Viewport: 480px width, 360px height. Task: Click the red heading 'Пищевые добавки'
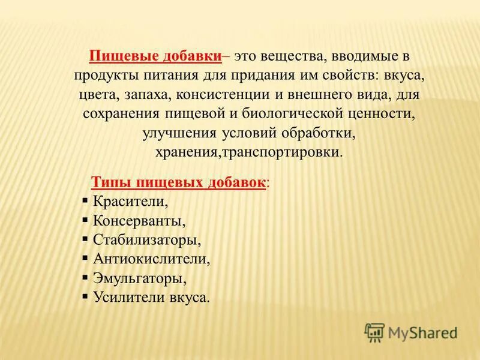155,56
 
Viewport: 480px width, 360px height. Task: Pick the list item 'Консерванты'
139,221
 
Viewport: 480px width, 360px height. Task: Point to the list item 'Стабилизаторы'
146,240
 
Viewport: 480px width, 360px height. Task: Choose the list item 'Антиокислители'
151,259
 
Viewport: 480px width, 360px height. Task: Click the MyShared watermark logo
411,332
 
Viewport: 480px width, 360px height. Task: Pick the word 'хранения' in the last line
187,152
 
